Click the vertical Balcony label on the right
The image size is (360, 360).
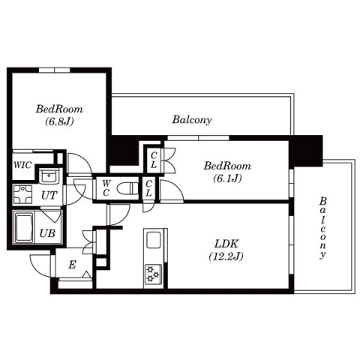pos(322,228)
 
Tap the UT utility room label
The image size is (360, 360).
pos(49,195)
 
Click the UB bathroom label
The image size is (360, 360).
pos(46,233)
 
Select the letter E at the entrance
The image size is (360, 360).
pos(71,264)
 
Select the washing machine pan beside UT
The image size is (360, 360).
pos(22,195)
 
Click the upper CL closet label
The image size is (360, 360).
pos(153,159)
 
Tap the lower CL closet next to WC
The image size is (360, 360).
pos(149,188)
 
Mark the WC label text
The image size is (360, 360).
pos(106,187)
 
